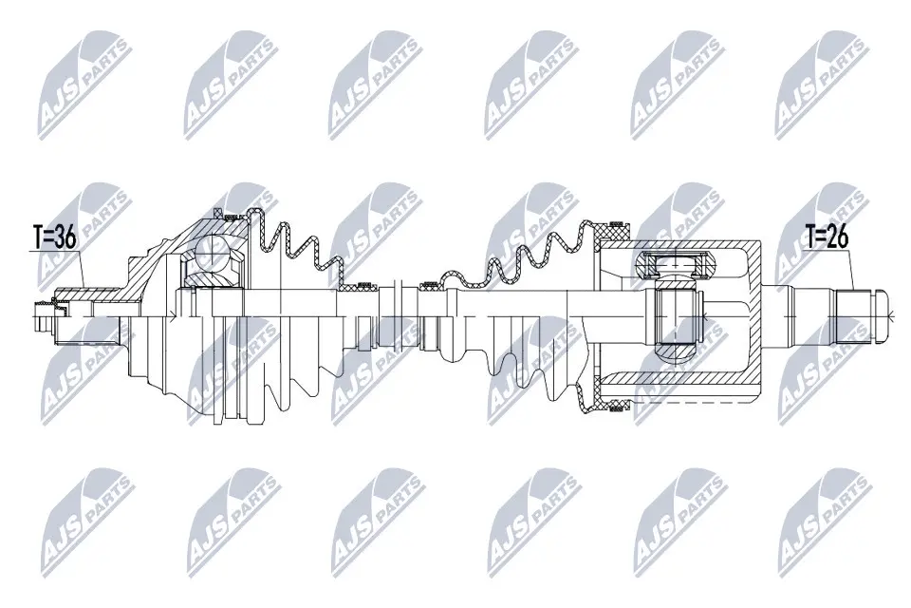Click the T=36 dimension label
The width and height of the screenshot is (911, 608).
click(x=54, y=238)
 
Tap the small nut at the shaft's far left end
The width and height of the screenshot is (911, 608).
click(x=42, y=306)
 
